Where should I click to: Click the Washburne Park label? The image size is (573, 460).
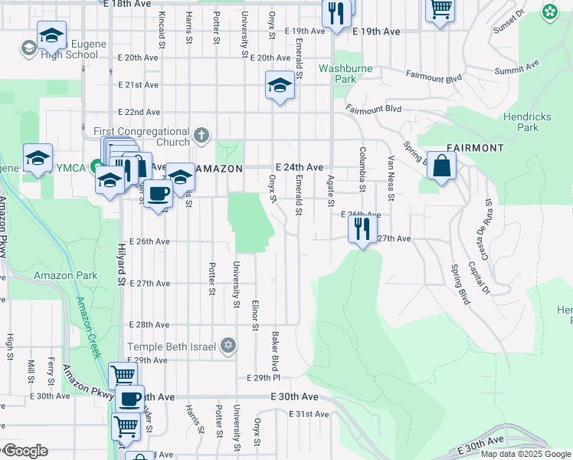[x=345, y=74]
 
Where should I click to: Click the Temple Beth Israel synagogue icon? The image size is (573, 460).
[x=227, y=347]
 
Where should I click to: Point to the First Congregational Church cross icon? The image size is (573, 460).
[x=201, y=136]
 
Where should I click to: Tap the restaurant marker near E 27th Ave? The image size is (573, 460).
[x=362, y=228]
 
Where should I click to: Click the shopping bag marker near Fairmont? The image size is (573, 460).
[x=442, y=166]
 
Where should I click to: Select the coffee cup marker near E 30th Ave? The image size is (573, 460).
[x=129, y=399]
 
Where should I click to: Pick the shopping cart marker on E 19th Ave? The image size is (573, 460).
[x=440, y=10]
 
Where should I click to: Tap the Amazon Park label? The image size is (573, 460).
[x=65, y=275]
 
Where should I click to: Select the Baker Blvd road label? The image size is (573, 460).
[x=273, y=350]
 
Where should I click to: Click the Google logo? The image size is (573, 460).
[x=25, y=451]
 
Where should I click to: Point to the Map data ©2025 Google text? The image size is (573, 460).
[x=526, y=454]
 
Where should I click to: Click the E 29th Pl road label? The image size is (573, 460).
[x=264, y=378]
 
